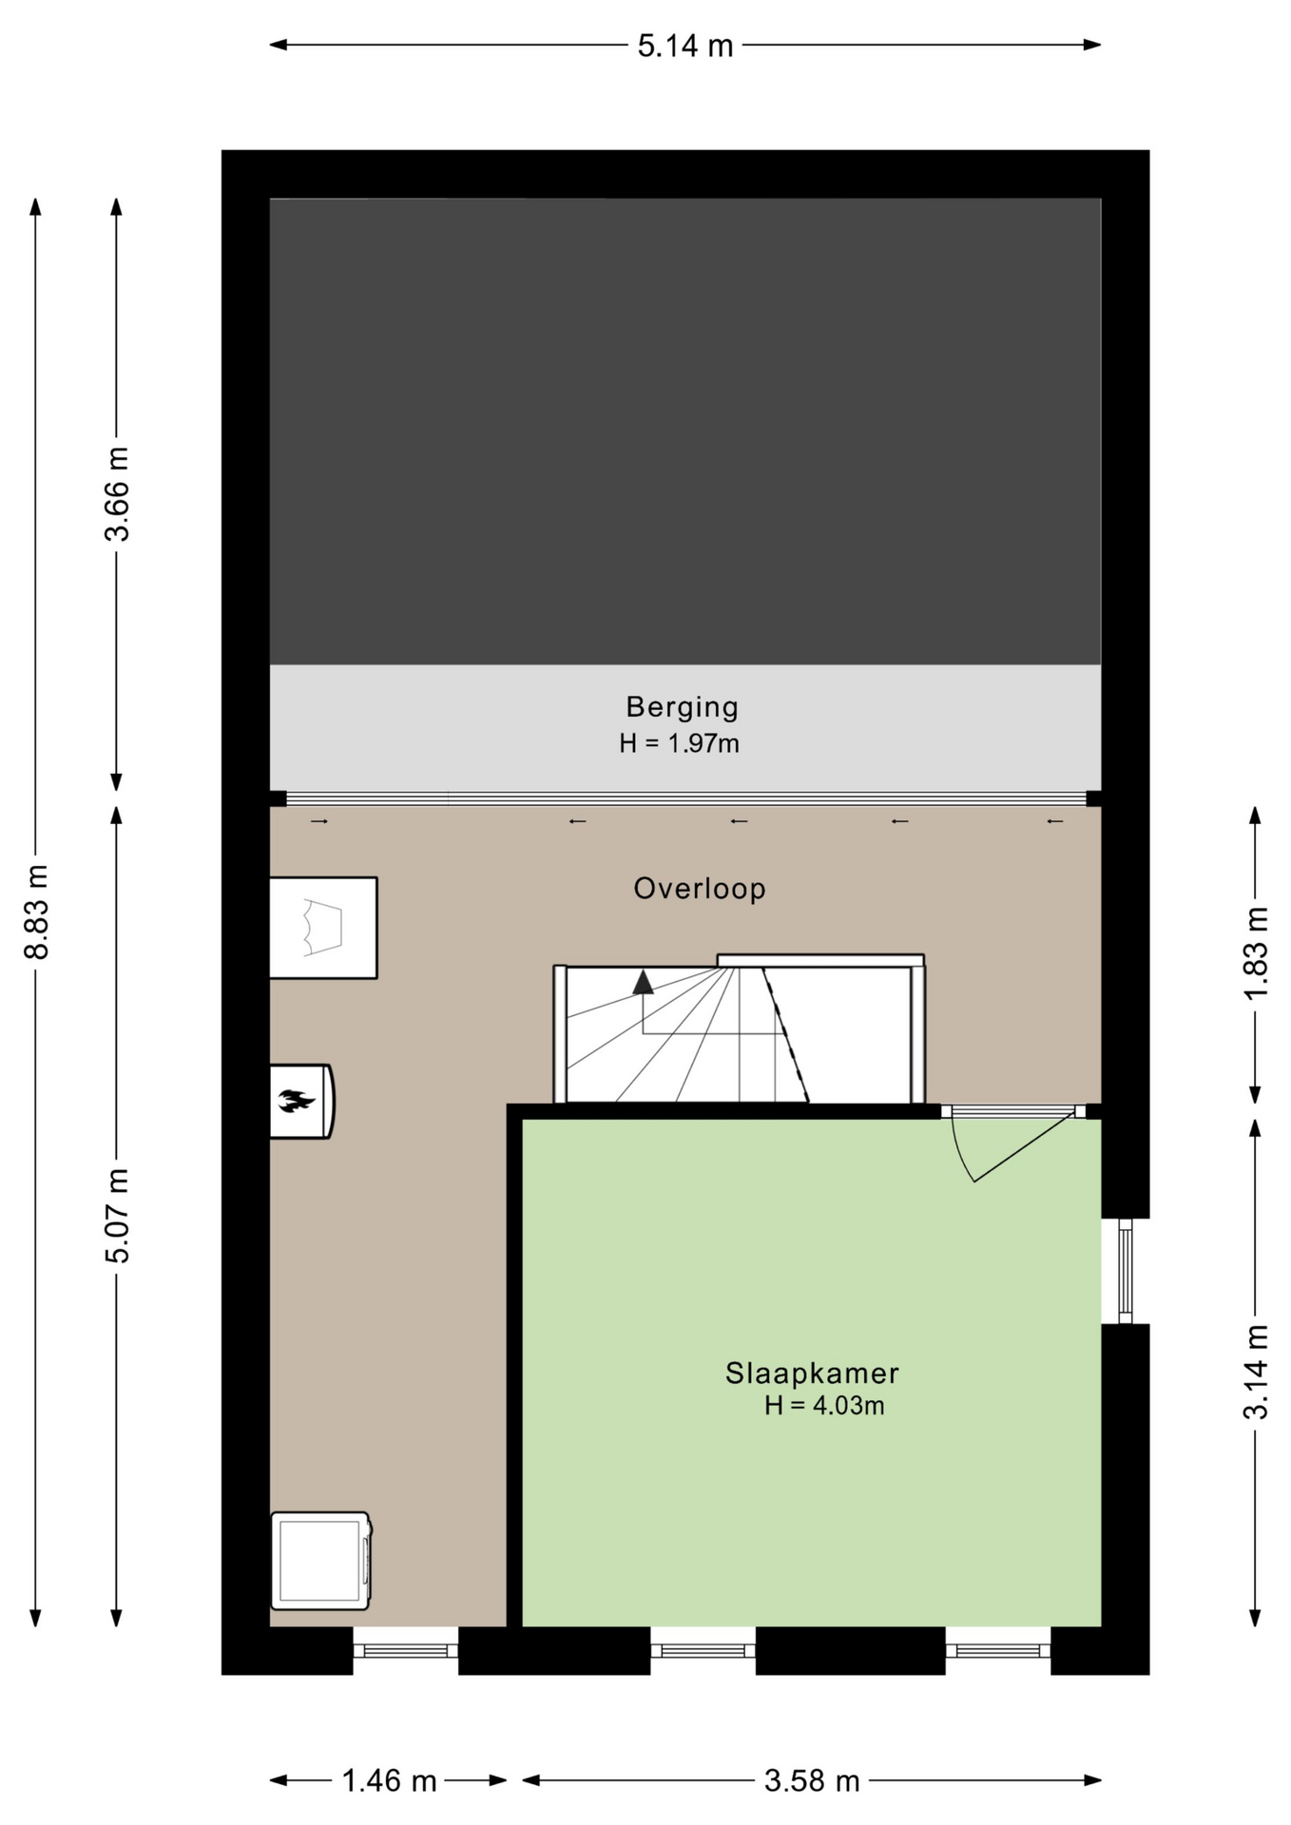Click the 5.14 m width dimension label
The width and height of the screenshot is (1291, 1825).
click(x=685, y=46)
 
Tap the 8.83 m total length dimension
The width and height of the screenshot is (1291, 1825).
click(x=36, y=912)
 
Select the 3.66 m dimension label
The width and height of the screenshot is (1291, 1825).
click(x=117, y=493)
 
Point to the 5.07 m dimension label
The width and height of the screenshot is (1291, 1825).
click(x=117, y=1215)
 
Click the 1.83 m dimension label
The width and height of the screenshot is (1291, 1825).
click(x=1256, y=953)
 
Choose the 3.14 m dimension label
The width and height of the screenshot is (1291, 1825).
click(x=1256, y=1372)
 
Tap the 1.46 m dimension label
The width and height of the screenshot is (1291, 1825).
click(x=389, y=1780)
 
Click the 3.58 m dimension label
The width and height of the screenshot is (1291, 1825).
click(x=812, y=1780)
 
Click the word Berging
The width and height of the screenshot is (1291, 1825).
click(x=682, y=708)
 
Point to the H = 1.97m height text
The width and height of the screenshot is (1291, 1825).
click(x=679, y=743)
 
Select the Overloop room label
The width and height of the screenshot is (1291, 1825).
click(x=700, y=889)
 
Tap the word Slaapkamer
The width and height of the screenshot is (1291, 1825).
click(x=812, y=1374)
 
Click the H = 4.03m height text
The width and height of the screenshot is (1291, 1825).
click(x=824, y=1406)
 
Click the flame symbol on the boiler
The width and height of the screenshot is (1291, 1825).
click(x=296, y=1102)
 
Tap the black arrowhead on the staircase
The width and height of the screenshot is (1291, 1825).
click(x=644, y=983)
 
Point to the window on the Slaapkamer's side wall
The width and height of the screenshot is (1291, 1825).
click(x=1126, y=1271)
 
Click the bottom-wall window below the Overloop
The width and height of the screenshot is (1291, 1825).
click(x=406, y=1650)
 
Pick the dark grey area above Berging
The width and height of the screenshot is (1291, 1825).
click(x=685, y=432)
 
